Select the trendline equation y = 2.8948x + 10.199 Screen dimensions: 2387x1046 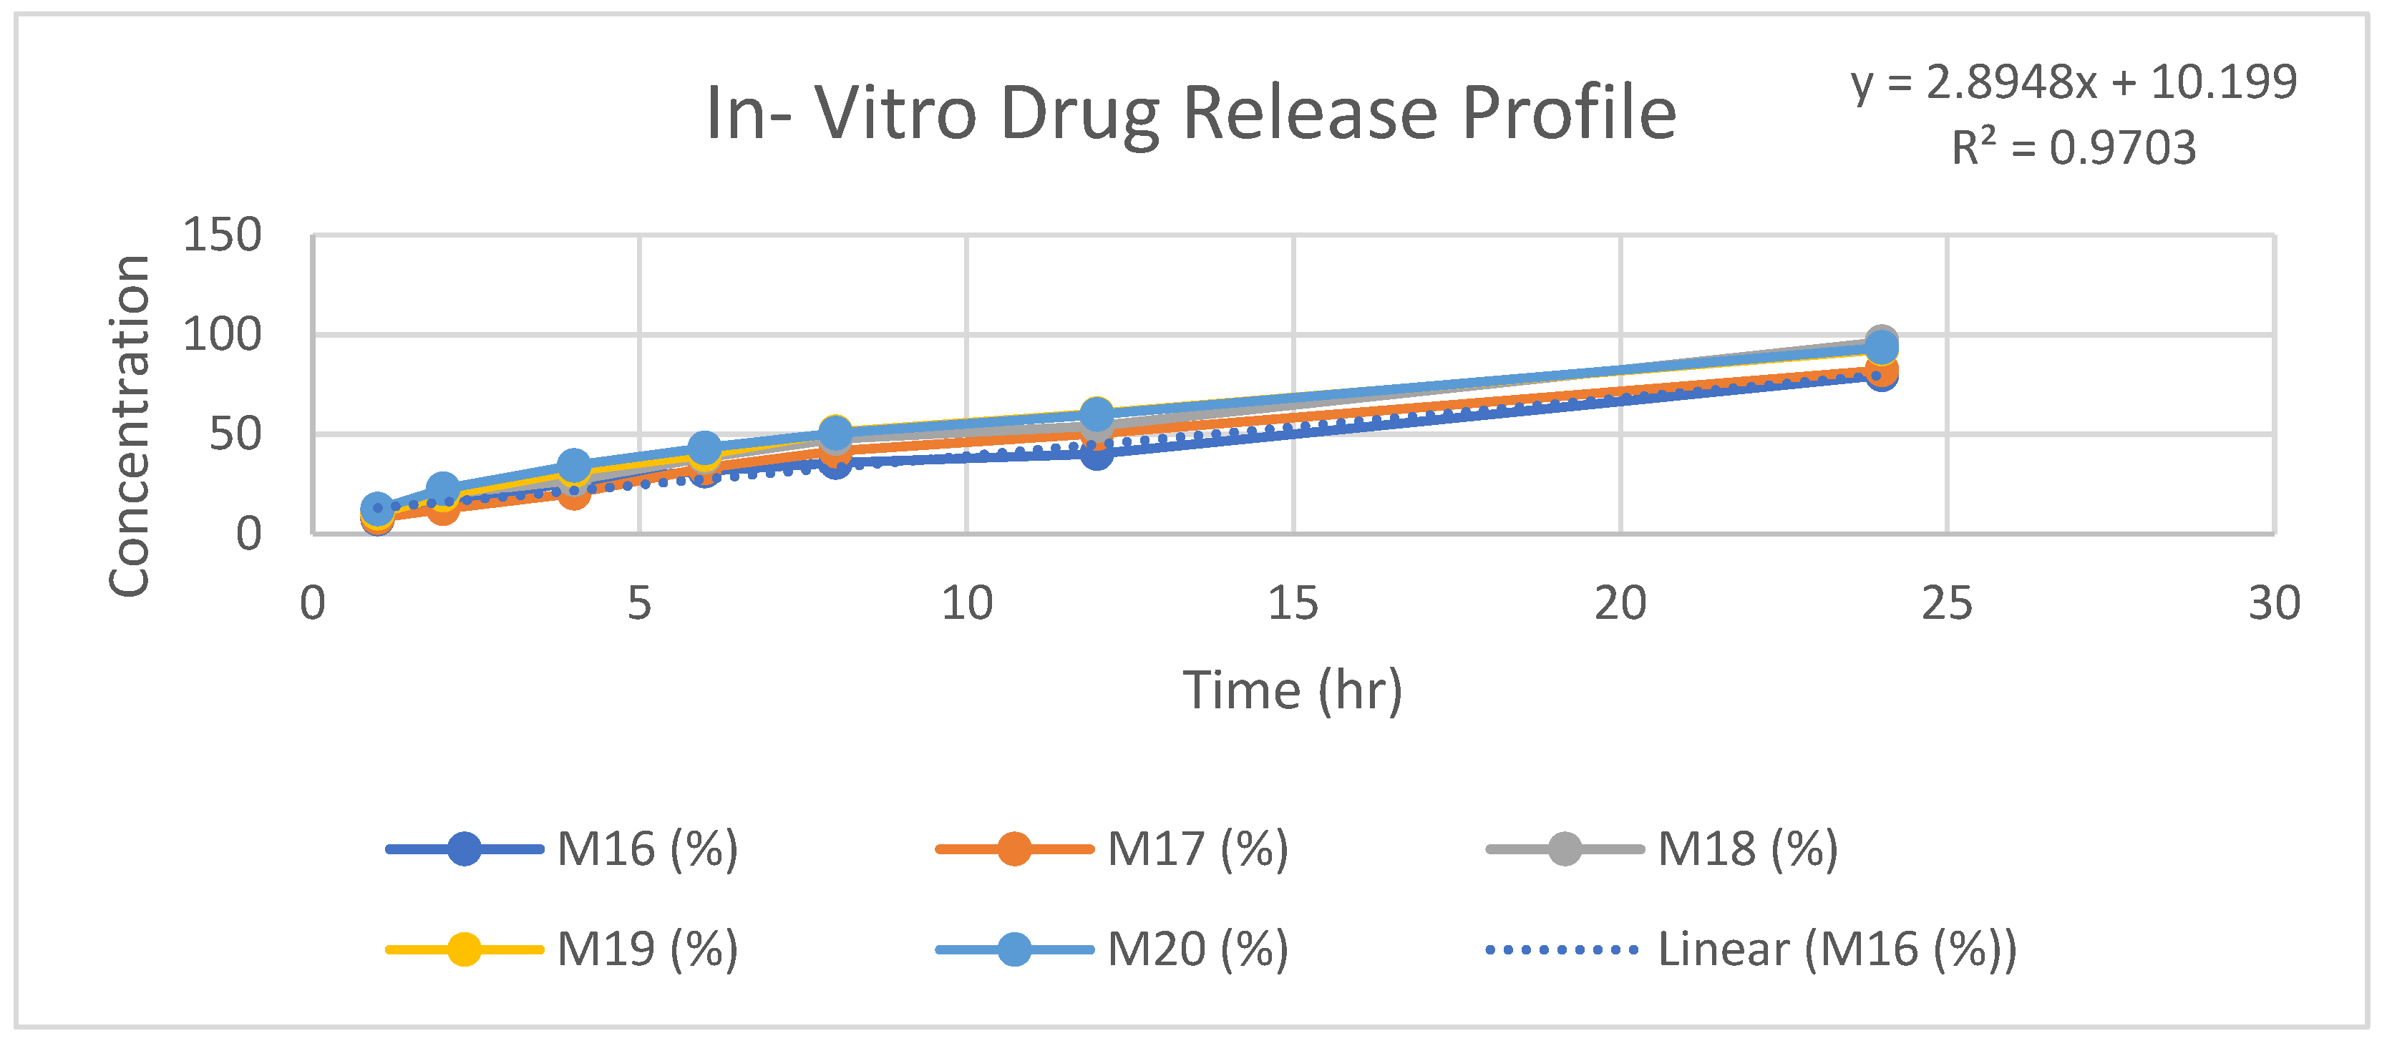click(2074, 82)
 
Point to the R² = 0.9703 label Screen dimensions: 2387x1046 click(2074, 147)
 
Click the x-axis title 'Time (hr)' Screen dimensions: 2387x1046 click(1293, 690)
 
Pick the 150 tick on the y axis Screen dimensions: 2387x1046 click(223, 235)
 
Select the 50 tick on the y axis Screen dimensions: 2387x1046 click(235, 434)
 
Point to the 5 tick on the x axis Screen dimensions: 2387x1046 click(639, 603)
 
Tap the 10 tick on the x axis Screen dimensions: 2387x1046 click(966, 603)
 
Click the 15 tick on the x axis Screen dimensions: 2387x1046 click(1293, 603)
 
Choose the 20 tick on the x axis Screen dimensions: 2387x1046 click(1620, 603)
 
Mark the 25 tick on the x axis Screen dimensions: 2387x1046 click(1947, 603)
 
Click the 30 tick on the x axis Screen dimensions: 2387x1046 click(2274, 603)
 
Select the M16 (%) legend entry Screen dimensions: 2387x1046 click(563, 849)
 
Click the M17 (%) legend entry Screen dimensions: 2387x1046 click(1112, 849)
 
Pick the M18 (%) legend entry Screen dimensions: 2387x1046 click(1663, 849)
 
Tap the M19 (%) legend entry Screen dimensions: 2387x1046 click(563, 949)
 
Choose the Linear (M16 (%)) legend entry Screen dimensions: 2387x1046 click(1751, 949)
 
